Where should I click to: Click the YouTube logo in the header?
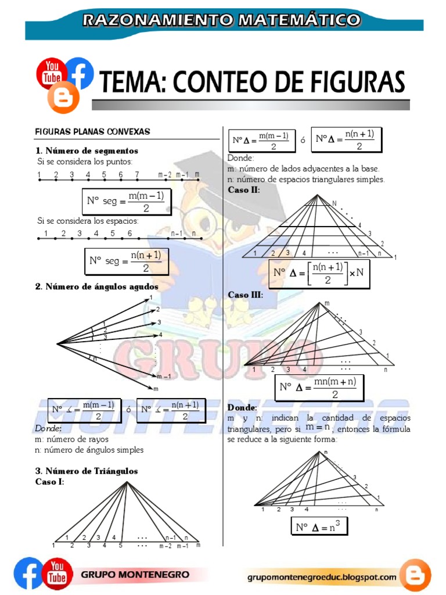point(50,73)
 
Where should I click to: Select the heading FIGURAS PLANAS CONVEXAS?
point(92,132)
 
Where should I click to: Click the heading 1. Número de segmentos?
point(87,150)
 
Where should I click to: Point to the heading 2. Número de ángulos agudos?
point(96,286)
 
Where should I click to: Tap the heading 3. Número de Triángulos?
point(87,471)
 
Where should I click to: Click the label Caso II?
point(244,189)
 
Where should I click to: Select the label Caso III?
point(245,295)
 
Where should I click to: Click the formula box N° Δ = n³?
point(319,527)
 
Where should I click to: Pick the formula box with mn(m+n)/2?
point(319,388)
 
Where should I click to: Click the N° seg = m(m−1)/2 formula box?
point(126,202)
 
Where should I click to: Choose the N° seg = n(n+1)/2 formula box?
point(127,261)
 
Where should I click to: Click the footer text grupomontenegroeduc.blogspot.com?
point(322,578)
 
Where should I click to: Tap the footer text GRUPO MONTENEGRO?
point(135,575)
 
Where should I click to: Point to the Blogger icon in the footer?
point(415,575)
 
